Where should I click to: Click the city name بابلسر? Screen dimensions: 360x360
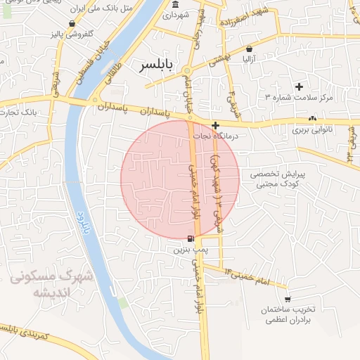(155, 65)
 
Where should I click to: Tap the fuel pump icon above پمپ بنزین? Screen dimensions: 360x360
(191, 239)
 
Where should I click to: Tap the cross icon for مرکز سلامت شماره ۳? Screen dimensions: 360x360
(300, 86)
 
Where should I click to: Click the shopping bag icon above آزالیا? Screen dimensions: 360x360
(250, 49)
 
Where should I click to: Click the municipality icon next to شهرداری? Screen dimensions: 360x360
(175, 6)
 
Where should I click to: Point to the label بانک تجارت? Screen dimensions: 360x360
(20, 111)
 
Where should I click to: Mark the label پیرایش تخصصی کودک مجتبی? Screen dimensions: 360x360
(277, 179)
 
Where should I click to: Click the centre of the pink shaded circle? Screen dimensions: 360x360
(180, 179)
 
